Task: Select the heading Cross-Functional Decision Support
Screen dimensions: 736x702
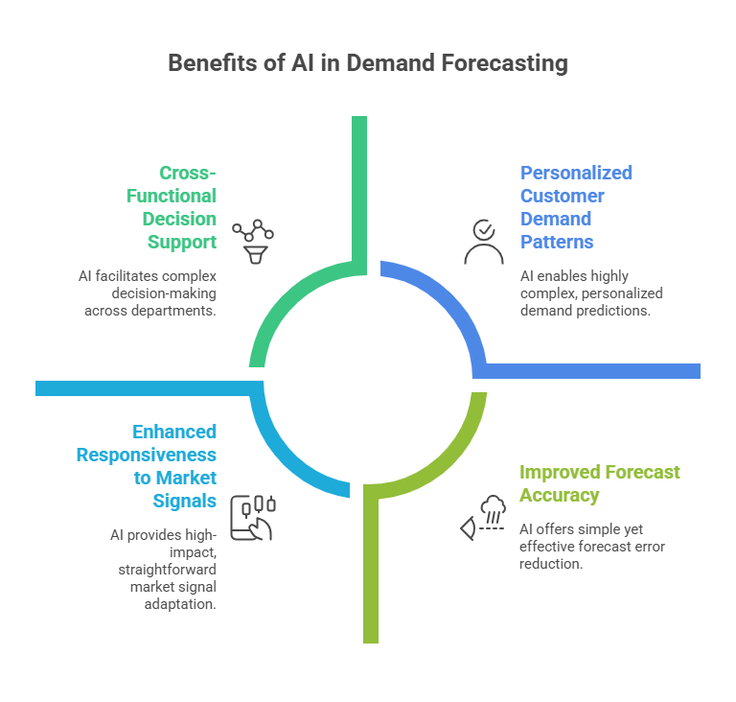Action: click(x=172, y=207)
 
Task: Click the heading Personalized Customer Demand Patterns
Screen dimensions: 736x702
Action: click(x=576, y=207)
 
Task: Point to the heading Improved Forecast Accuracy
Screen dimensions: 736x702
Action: click(x=599, y=483)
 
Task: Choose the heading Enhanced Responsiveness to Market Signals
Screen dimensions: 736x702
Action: click(x=147, y=466)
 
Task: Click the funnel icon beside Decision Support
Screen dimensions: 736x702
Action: click(x=253, y=242)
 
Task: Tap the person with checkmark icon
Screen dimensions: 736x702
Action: click(x=484, y=242)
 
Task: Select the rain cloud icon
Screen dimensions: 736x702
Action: click(x=483, y=517)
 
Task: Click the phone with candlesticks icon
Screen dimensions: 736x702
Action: click(x=253, y=518)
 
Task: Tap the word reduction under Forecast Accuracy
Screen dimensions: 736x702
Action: click(x=551, y=563)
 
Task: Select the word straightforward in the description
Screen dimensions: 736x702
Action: click(x=167, y=570)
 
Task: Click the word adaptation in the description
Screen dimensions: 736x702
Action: click(x=180, y=604)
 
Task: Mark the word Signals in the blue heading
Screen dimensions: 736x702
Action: click(x=184, y=501)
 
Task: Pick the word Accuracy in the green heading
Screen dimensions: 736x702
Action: click(x=559, y=495)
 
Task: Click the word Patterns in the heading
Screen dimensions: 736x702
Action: click(x=557, y=242)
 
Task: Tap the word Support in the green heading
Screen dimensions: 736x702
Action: click(x=182, y=243)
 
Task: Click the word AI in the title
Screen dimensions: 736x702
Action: click(x=303, y=62)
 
